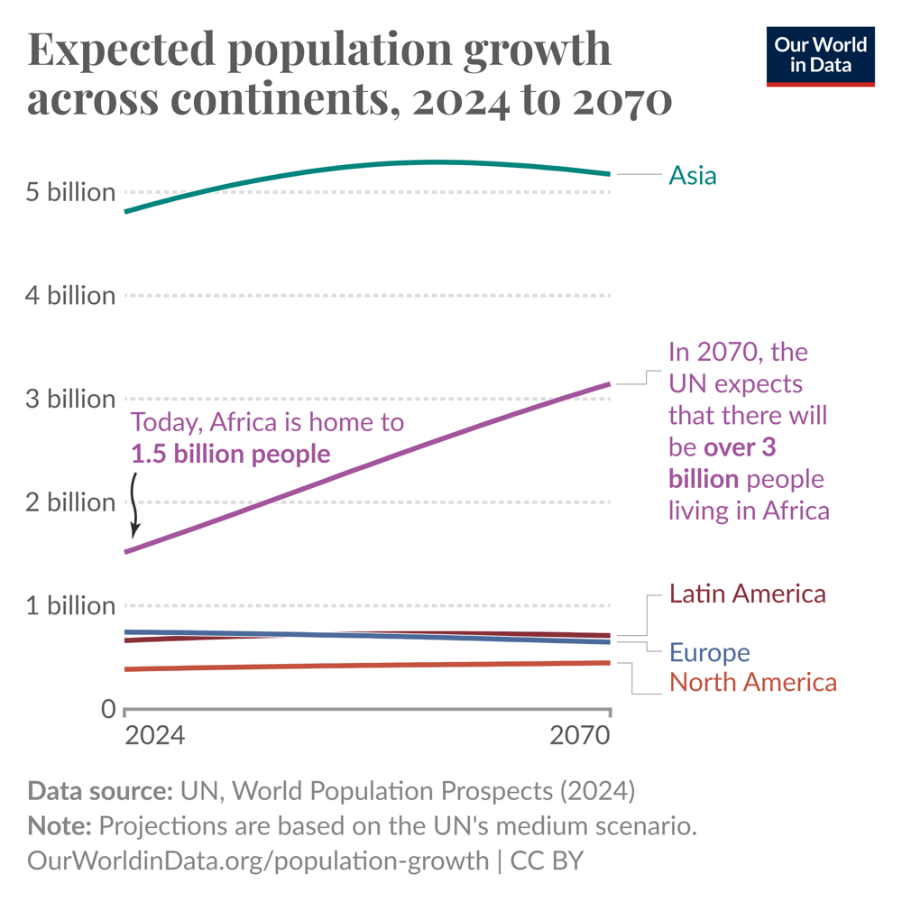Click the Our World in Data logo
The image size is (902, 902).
(820, 56)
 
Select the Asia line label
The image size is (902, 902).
(692, 175)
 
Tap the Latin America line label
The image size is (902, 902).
(747, 594)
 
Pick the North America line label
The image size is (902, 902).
(752, 682)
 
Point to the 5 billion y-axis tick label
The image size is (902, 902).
(70, 192)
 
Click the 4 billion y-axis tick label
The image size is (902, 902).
(70, 296)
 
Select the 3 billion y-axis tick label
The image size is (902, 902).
(70, 399)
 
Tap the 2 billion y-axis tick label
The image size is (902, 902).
(70, 502)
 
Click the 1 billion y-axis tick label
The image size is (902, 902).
(70, 605)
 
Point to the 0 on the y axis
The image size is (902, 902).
(107, 709)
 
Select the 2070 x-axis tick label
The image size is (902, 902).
(580, 736)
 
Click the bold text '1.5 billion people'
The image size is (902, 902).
(231, 454)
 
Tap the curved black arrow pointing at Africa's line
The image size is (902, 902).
(135, 505)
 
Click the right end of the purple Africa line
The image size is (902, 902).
(609, 384)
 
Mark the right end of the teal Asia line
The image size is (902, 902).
(609, 174)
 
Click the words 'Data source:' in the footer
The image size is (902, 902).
(100, 791)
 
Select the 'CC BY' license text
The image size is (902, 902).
(548, 860)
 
